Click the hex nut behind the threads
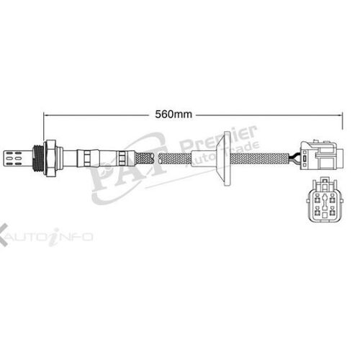pos(50,153)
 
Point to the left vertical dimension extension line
pos(45,126)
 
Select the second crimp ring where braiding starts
pos(124,153)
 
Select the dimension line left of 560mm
pos(101,114)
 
